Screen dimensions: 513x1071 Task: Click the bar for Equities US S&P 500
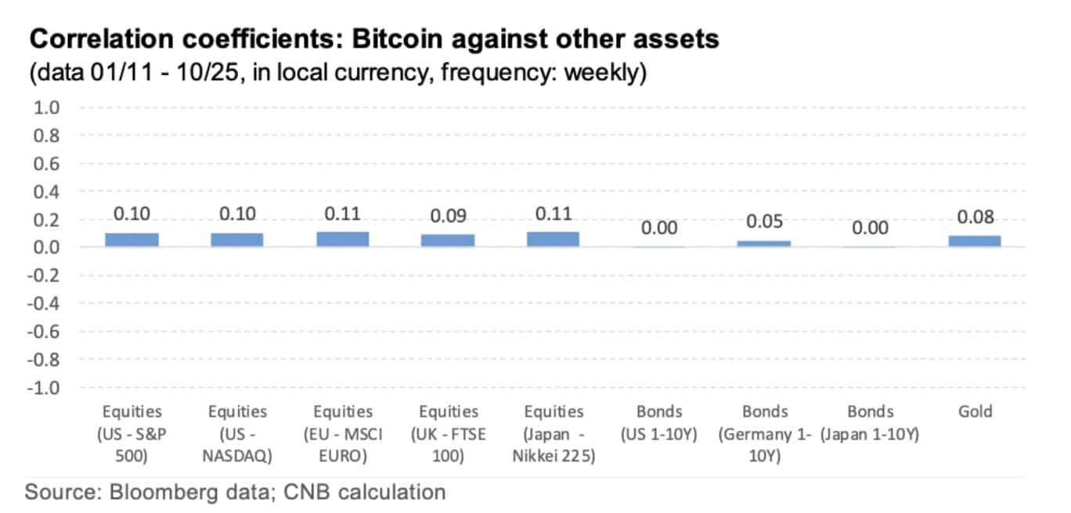point(132,240)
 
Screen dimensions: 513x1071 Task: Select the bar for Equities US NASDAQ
point(237,240)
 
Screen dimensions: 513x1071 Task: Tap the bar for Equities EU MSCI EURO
point(343,239)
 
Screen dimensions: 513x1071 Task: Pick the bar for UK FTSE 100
point(448,241)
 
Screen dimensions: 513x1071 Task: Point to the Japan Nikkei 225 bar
point(554,239)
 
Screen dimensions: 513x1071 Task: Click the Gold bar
point(975,242)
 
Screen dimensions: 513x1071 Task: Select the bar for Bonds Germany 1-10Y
point(764,244)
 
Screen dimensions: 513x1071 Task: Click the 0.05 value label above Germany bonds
point(764,223)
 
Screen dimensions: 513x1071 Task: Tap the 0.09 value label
point(448,217)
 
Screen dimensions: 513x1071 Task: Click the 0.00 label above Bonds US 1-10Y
point(659,228)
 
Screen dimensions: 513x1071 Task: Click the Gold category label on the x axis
point(975,412)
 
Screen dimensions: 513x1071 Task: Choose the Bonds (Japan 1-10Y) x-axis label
point(870,423)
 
